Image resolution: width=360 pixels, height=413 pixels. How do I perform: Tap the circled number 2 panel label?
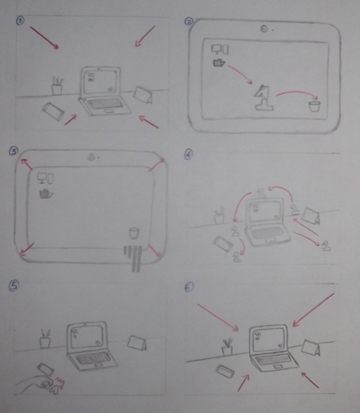tap(189, 22)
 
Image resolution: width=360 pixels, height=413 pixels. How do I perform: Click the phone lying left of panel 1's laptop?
tap(54, 111)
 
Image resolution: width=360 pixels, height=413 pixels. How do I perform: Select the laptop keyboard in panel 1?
tap(101, 105)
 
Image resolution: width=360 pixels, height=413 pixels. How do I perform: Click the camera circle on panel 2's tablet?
tap(263, 29)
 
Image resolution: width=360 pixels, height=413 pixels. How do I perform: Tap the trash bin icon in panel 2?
tap(316, 103)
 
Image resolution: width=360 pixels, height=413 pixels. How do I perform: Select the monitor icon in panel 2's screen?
tap(216, 50)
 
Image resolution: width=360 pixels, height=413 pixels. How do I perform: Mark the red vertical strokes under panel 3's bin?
tap(132, 256)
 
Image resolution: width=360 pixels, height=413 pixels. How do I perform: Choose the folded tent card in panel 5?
tap(138, 343)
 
